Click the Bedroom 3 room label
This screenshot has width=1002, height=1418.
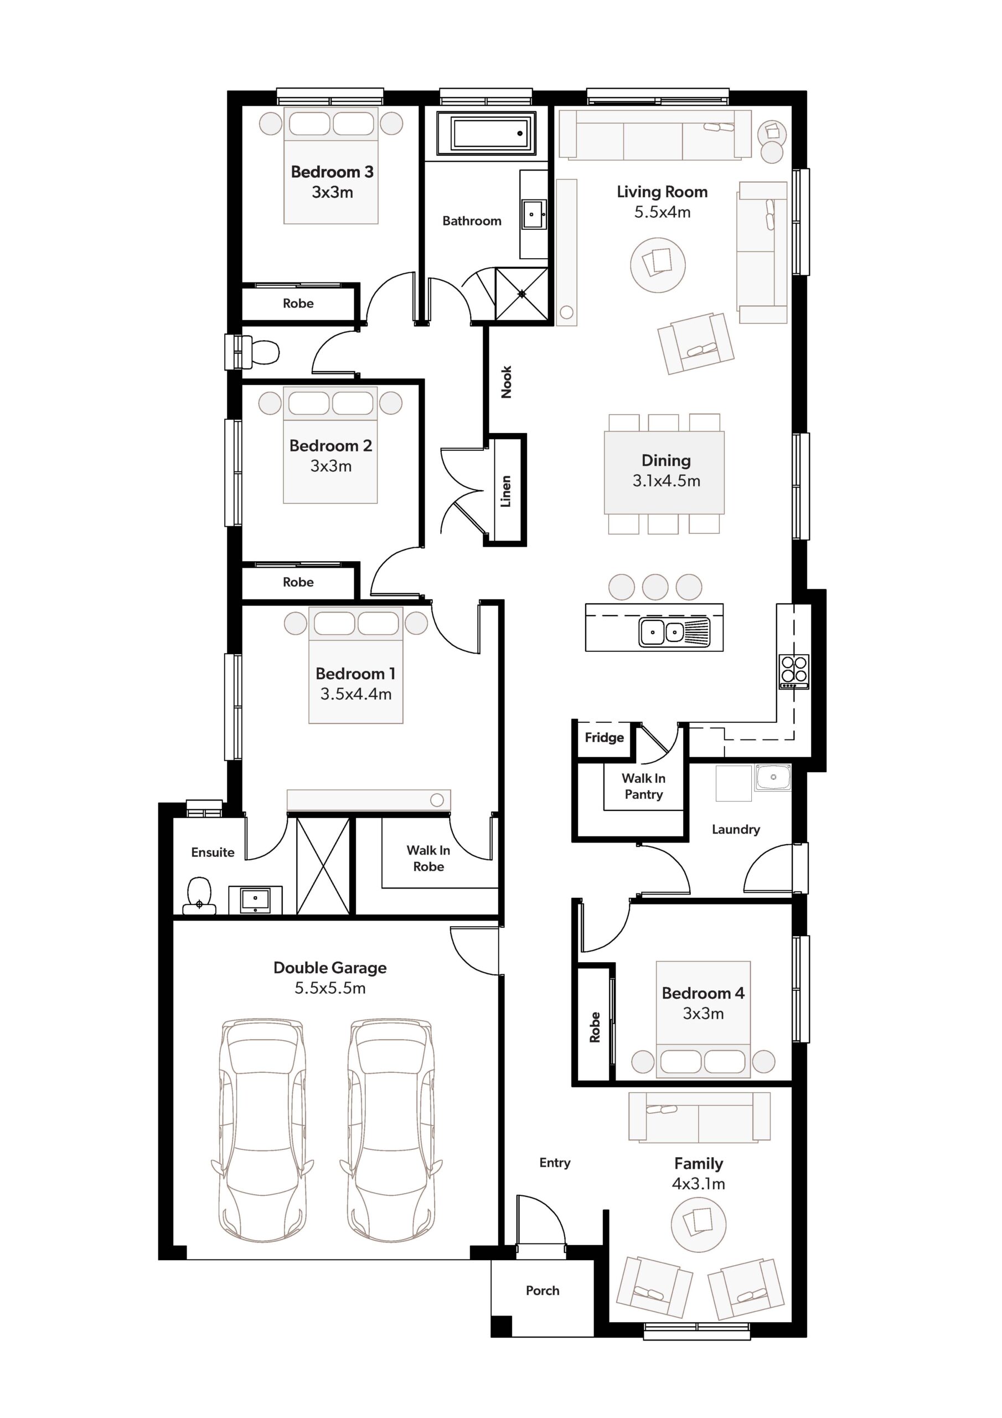coord(332,172)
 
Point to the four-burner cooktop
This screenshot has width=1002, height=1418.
coord(794,671)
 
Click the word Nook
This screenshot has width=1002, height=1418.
coord(506,382)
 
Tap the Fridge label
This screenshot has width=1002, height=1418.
coord(605,737)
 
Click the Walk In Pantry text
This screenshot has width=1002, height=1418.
coord(643,786)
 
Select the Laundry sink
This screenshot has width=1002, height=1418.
coord(772,778)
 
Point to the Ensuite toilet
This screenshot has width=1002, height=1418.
coord(199,895)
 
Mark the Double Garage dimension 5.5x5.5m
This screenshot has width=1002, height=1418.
coord(330,988)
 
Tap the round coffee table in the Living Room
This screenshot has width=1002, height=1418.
coord(658,265)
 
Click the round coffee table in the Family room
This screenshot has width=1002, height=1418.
coord(698,1225)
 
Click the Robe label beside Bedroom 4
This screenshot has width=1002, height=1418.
coord(595,1027)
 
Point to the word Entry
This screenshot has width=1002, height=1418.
coord(554,1163)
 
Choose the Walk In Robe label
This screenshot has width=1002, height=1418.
coord(428,859)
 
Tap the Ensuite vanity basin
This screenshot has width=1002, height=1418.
coord(255,900)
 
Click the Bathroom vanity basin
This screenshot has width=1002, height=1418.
coord(533,214)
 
